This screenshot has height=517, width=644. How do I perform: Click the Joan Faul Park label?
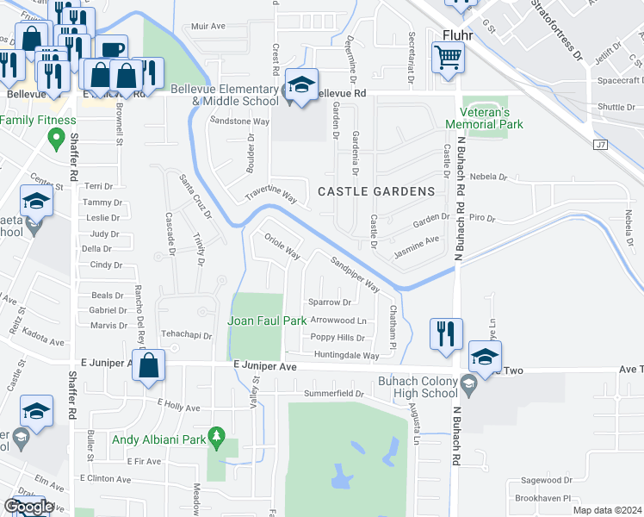pos(267,321)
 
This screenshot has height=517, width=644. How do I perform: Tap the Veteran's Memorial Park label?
pos(489,118)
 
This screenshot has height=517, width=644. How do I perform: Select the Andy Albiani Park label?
pos(162,439)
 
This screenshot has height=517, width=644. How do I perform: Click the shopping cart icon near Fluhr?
pos(448,59)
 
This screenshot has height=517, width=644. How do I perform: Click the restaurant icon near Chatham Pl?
pos(446,333)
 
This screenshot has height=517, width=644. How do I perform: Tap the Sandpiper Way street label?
pos(356,270)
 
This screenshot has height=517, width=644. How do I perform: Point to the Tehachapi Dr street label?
pos(187,335)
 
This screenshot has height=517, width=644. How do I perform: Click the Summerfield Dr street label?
pos(335,394)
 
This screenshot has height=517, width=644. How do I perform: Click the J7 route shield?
pos(601,145)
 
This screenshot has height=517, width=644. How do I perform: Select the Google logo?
pos(28,507)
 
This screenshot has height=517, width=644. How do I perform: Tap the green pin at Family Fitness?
pos(58,137)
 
